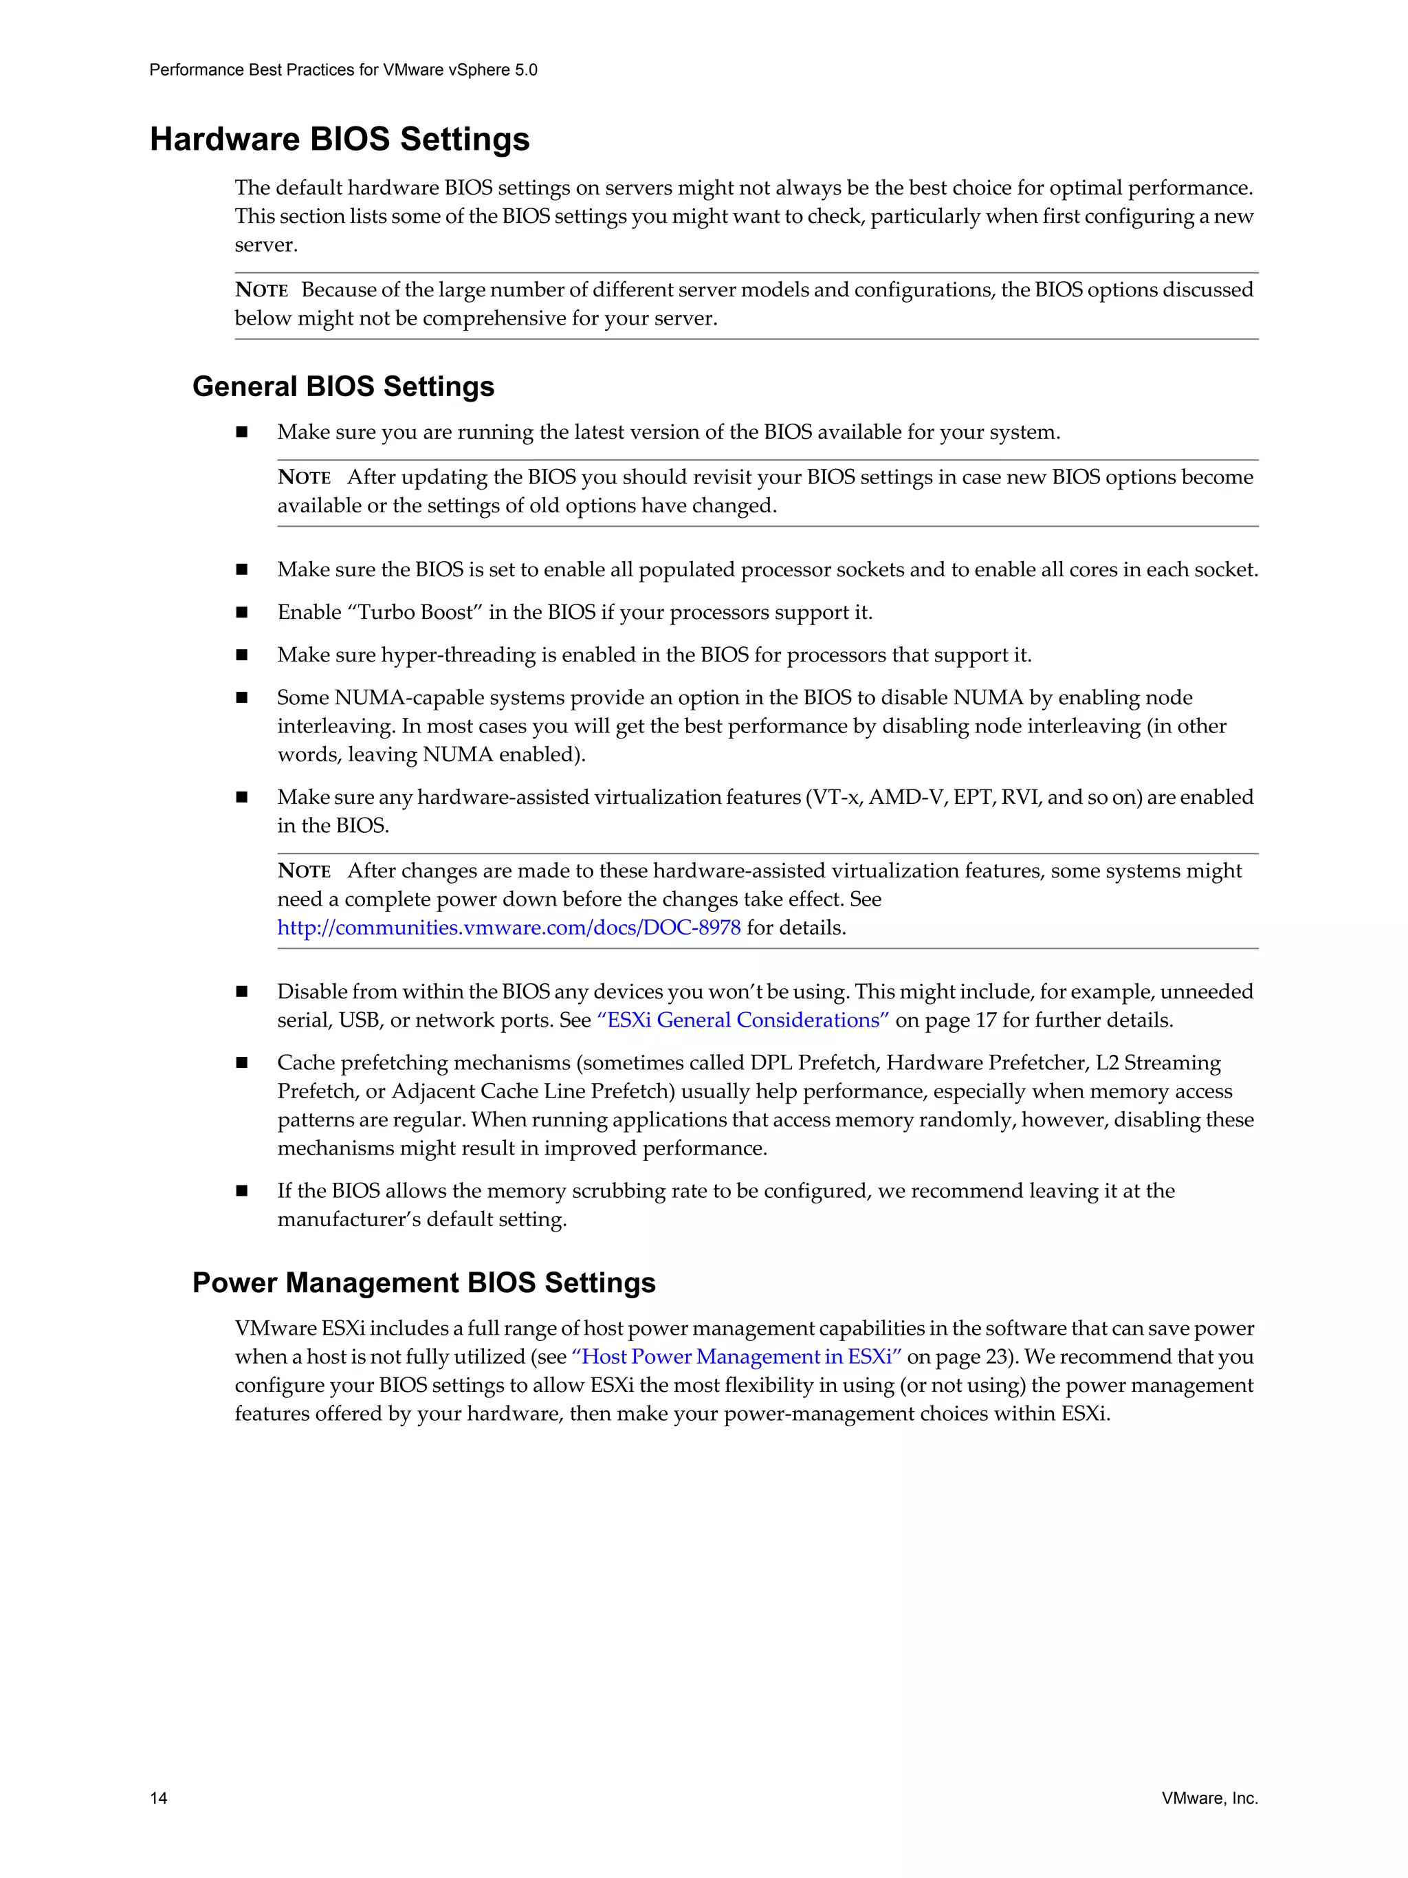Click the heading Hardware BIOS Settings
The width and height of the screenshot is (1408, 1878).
[340, 139]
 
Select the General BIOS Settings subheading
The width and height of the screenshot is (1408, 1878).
[343, 386]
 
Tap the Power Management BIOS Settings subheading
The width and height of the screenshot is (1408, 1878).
[423, 1282]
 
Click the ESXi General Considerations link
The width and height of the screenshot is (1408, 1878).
[742, 1020]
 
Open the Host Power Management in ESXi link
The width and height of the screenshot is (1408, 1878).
[737, 1357]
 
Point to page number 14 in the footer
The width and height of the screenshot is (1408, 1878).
[159, 1798]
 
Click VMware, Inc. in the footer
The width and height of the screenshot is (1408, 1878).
[1209, 1798]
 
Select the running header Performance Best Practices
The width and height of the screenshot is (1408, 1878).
[343, 69]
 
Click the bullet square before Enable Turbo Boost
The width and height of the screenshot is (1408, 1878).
[242, 613]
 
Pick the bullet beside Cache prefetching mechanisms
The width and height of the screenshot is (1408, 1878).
[242, 1063]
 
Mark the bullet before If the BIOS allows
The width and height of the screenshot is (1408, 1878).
[242, 1191]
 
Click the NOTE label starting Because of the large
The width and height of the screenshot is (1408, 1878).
[261, 290]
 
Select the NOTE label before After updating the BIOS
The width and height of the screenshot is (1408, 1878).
[304, 478]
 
